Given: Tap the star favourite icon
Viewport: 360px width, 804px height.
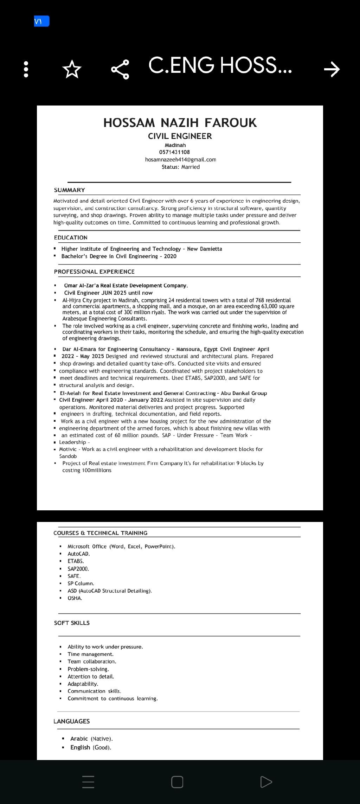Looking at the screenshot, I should point(72,69).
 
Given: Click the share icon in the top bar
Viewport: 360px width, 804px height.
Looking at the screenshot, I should point(120,69).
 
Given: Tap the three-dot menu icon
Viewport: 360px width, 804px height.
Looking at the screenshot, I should point(25,69).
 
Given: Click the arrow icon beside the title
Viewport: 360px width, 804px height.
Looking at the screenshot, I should point(332,69).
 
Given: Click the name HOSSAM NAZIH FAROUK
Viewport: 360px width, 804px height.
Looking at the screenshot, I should point(180,123).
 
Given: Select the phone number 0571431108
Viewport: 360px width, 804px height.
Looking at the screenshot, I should point(174,152).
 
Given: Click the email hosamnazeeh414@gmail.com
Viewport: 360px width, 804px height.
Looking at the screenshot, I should point(180,159).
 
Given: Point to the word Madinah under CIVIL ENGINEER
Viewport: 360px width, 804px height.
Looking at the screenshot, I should point(175,145).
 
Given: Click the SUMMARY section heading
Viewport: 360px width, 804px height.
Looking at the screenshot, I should point(70,190).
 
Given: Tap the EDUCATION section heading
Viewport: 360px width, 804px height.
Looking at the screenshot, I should point(71,237).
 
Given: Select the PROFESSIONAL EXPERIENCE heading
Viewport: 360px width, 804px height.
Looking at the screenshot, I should point(94,272).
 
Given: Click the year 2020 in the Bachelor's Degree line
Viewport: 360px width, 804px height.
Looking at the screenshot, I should point(170,256).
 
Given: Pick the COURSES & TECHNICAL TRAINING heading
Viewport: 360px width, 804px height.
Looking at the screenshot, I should point(100,533).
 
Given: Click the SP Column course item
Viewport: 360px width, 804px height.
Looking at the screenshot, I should point(81,583).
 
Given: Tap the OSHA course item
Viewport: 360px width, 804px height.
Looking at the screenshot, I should point(75,598).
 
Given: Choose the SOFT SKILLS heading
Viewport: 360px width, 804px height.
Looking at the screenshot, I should point(72,623).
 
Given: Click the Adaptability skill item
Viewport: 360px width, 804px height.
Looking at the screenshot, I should point(83,684).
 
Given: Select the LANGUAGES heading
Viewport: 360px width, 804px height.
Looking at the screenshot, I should point(71,721).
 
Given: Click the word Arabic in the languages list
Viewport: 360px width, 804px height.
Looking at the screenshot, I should point(79,739).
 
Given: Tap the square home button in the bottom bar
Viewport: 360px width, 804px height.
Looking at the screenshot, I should point(177,782).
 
